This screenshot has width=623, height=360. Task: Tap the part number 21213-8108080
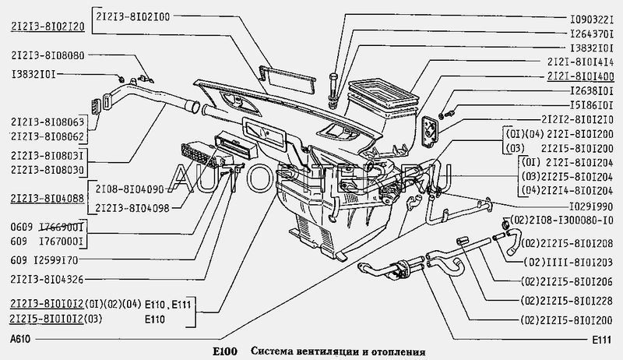click(x=48, y=56)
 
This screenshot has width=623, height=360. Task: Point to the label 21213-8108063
click(x=48, y=122)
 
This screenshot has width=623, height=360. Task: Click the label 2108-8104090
click(x=130, y=189)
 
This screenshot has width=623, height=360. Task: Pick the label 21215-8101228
click(x=568, y=300)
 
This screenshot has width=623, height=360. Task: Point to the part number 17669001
click(x=58, y=226)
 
